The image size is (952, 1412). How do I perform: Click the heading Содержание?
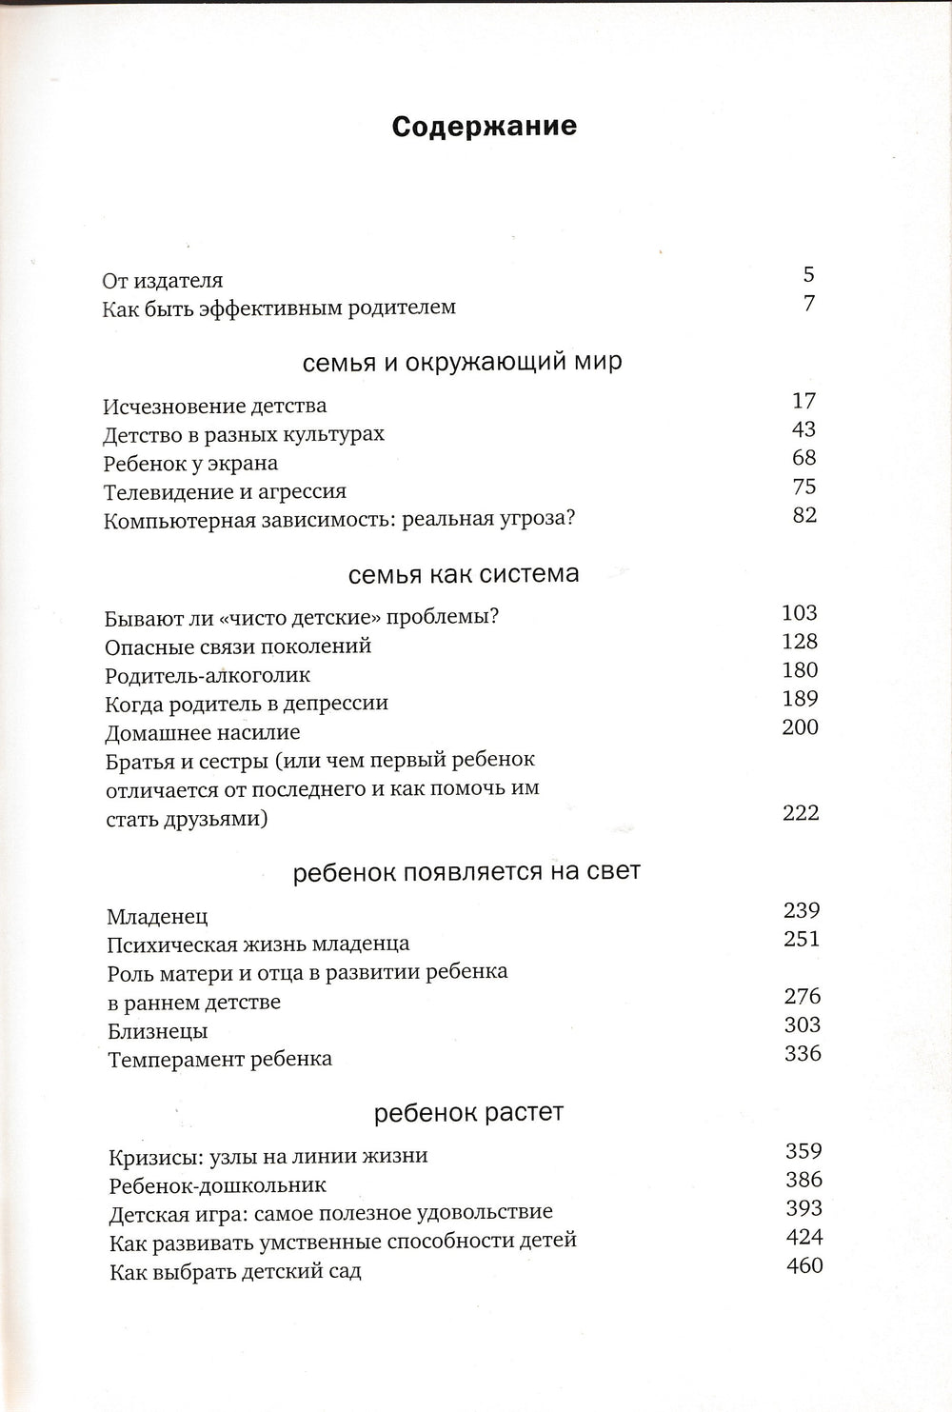[485, 127]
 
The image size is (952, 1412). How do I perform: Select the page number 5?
[808, 275]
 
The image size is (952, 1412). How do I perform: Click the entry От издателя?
[163, 281]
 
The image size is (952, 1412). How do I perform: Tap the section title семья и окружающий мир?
[463, 362]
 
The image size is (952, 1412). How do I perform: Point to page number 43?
[803, 429]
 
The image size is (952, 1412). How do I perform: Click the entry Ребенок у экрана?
[190, 464]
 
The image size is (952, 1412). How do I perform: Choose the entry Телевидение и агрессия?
[225, 492]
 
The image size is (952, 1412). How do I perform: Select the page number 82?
[804, 515]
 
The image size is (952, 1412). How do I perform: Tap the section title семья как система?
[464, 574]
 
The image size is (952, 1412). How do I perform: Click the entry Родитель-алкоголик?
[208, 676]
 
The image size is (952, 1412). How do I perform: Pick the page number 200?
[800, 727]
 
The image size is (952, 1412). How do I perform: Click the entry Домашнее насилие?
[203, 733]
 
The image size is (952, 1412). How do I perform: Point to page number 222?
[801, 813]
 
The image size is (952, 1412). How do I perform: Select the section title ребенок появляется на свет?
[466, 871]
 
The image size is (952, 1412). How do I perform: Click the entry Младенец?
[157, 918]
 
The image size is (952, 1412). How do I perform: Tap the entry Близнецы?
[157, 1032]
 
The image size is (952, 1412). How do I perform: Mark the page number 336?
[803, 1054]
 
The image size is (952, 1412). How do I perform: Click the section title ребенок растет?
[468, 1112]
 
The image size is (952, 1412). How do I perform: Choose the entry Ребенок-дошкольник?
[218, 1186]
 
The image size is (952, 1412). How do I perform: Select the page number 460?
[805, 1266]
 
